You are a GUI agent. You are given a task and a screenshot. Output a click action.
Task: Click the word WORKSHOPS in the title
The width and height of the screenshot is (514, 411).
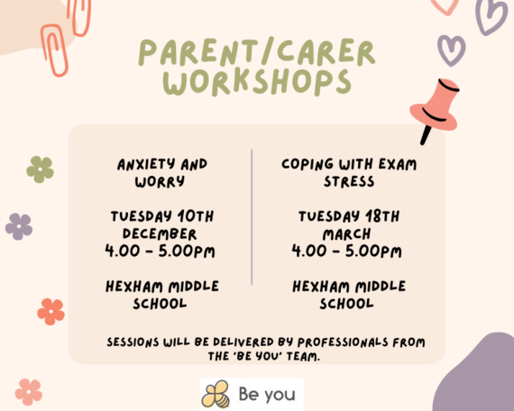click(x=257, y=82)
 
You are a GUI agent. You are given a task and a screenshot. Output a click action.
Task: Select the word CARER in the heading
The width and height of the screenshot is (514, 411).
click(x=326, y=51)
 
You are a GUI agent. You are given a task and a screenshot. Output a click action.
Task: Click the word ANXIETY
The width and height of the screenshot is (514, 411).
click(x=146, y=165)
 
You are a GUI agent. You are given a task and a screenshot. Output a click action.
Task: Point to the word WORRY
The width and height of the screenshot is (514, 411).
click(x=160, y=181)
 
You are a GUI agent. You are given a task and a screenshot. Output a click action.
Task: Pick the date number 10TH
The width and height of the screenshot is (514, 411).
click(x=196, y=216)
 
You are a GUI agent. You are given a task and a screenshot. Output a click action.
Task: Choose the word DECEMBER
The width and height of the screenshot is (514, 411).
click(x=160, y=233)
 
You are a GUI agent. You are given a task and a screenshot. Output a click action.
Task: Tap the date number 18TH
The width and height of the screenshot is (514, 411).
click(x=382, y=216)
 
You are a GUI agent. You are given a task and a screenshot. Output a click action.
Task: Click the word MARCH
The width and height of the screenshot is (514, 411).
click(x=346, y=234)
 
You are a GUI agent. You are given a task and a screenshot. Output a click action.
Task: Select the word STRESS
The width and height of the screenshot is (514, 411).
click(x=349, y=181)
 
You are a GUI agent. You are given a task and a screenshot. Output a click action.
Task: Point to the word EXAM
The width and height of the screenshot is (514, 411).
click(x=398, y=165)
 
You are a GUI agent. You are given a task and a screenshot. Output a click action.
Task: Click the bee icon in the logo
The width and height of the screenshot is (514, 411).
click(x=216, y=394)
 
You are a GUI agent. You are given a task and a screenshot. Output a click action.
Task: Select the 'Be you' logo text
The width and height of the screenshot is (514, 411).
click(x=267, y=395)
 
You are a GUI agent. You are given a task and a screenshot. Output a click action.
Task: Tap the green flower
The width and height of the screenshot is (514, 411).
click(x=40, y=169)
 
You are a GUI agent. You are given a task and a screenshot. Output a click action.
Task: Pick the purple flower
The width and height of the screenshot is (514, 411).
click(x=19, y=226)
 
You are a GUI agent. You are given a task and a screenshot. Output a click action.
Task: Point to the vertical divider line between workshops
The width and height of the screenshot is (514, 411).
click(x=252, y=217)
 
